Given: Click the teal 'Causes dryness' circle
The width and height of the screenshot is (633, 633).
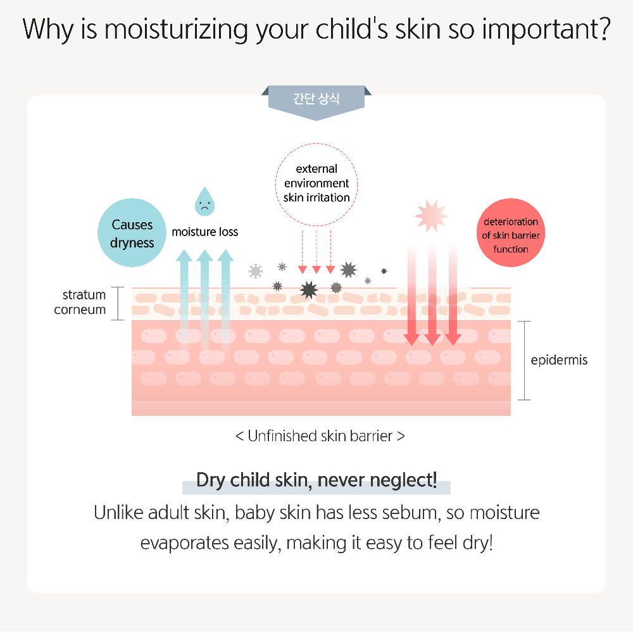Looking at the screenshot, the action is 132,232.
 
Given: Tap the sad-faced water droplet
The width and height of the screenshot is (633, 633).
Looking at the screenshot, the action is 204,202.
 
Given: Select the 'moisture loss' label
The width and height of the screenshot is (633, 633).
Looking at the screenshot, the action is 204,232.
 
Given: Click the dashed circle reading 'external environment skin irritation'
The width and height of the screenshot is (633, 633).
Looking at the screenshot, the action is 316,184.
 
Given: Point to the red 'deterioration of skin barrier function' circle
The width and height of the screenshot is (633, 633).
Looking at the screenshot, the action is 511,232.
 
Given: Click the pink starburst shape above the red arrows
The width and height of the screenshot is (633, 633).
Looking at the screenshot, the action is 432,216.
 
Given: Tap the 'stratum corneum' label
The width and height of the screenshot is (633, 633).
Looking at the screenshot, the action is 80,302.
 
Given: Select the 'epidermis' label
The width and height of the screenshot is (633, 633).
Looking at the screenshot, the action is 559,360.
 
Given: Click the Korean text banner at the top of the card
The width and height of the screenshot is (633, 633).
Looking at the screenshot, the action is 316,101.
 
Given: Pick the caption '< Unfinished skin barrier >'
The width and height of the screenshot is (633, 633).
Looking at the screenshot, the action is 320,436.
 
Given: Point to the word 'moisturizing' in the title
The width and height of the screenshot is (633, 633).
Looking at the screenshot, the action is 176,30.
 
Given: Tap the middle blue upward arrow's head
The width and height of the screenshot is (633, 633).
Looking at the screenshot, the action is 204,255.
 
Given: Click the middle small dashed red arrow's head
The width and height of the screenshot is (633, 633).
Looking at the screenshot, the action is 316,270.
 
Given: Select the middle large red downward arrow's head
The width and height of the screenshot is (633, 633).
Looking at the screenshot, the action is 432,339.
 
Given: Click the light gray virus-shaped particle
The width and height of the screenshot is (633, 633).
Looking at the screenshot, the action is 256,272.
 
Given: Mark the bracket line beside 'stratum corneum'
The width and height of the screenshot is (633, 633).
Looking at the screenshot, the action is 118,304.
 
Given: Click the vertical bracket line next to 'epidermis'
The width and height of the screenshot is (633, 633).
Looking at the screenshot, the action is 524,361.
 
